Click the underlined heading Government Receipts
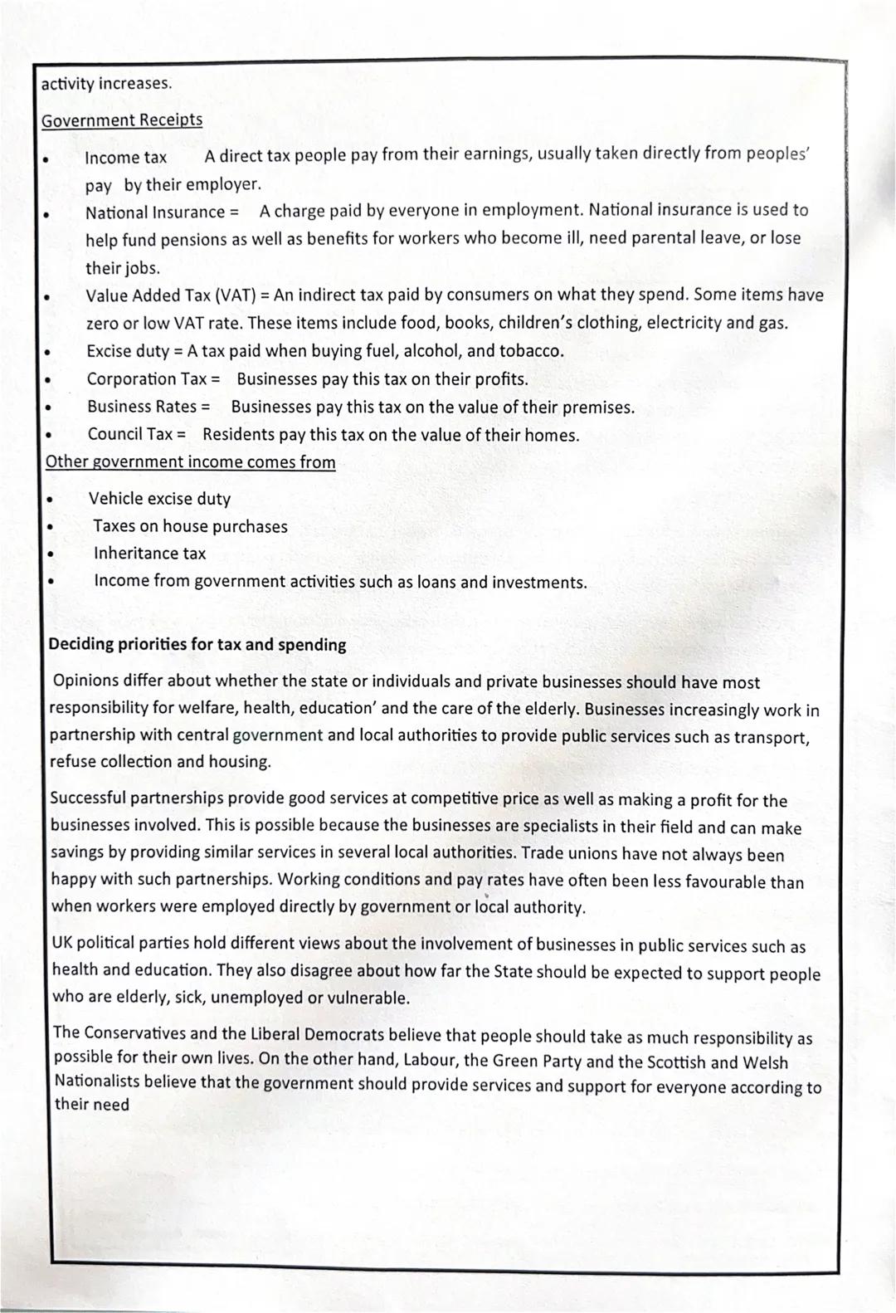(x=122, y=120)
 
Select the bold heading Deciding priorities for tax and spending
(x=197, y=645)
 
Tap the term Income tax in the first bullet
(x=125, y=158)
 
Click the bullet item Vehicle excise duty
(x=159, y=499)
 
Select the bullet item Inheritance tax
(x=149, y=554)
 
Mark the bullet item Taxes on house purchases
(x=190, y=526)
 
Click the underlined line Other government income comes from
(x=191, y=462)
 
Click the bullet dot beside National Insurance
(x=48, y=213)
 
